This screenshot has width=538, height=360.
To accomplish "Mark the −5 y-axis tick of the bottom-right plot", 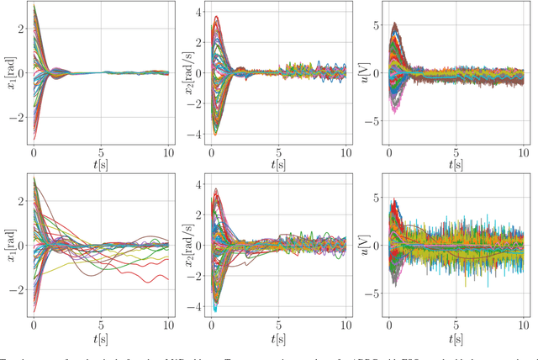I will point(375,294).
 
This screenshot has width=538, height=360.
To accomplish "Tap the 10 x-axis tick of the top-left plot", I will point(168,153).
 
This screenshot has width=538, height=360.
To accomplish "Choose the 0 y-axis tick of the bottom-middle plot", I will point(198,246).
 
